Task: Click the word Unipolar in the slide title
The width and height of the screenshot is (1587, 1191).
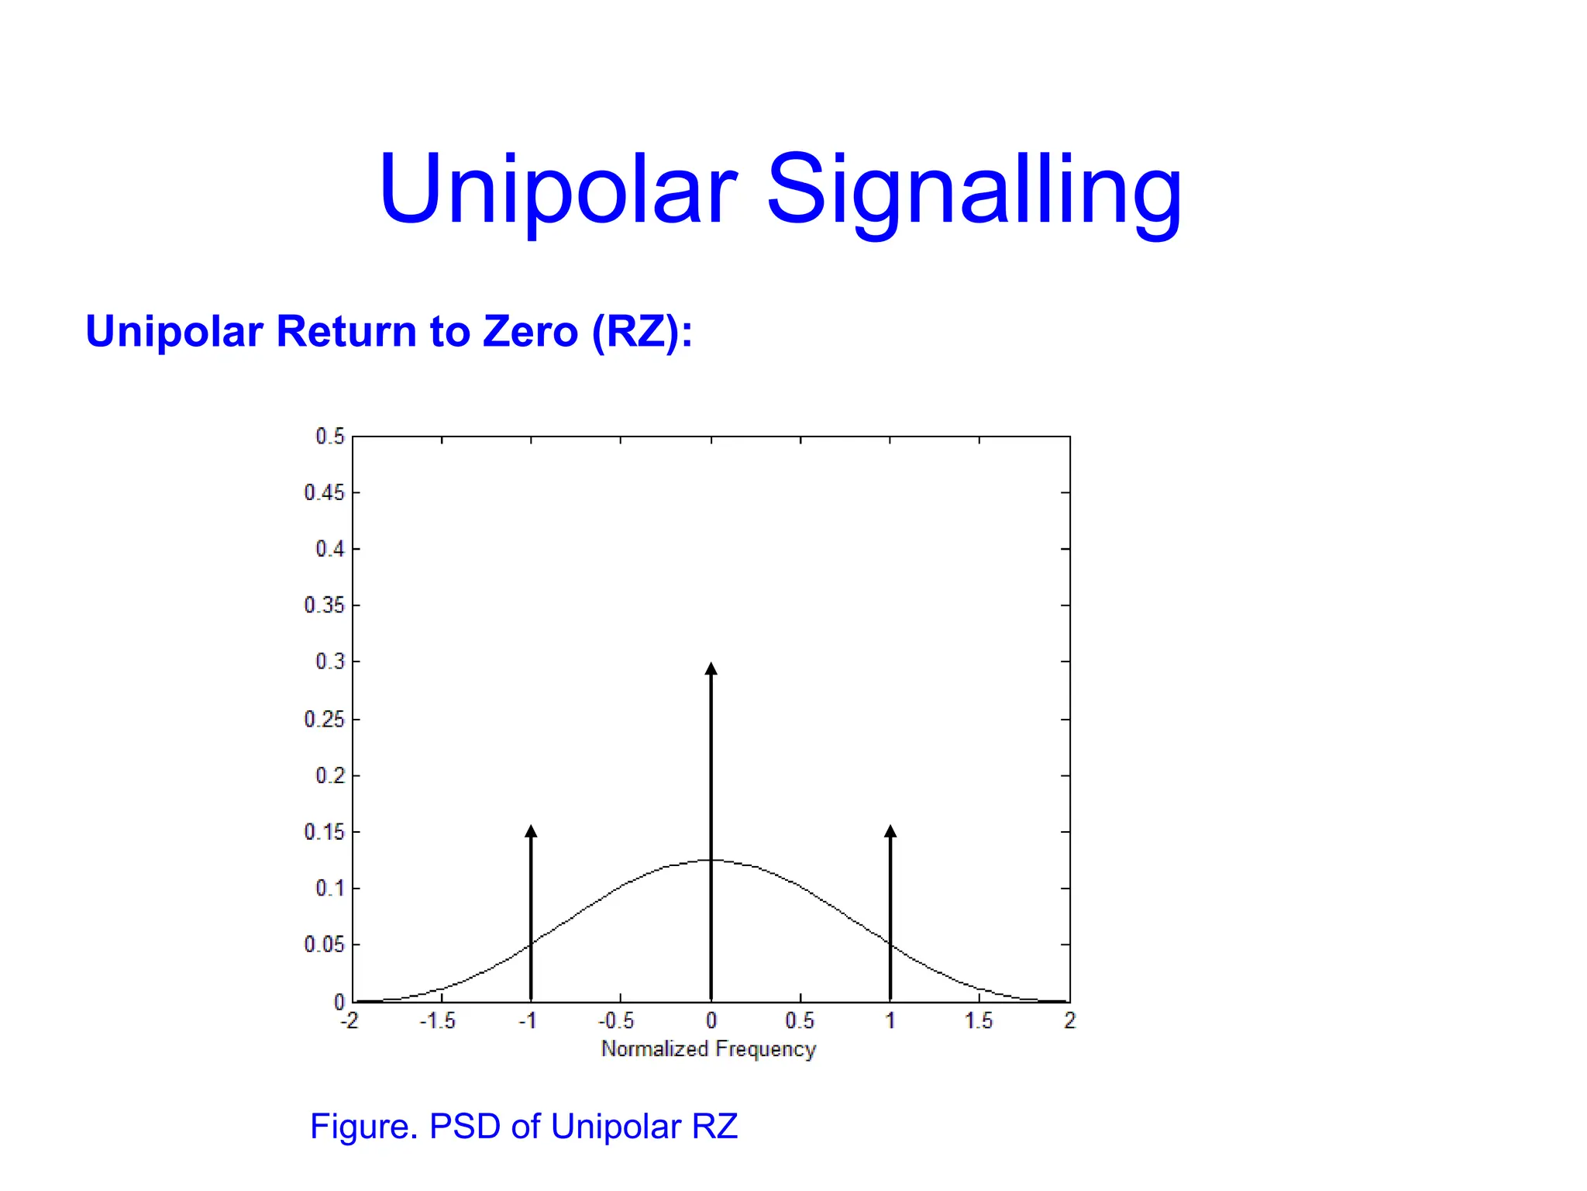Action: (x=557, y=190)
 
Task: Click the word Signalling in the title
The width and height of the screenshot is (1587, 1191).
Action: (x=974, y=190)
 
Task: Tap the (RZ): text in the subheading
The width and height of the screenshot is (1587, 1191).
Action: (x=642, y=332)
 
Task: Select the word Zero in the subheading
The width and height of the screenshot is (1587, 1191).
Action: (x=530, y=332)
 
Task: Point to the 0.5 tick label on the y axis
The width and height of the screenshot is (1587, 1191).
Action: (x=329, y=437)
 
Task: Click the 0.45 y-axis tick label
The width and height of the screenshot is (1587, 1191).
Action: (x=324, y=493)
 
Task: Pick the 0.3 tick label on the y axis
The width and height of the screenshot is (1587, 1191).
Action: (x=329, y=661)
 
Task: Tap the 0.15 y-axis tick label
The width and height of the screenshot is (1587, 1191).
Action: (x=324, y=832)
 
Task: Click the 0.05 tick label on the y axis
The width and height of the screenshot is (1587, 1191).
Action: (x=324, y=944)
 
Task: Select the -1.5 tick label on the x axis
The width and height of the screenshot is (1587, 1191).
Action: (x=438, y=1020)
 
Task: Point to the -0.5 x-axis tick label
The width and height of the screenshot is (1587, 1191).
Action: (x=616, y=1020)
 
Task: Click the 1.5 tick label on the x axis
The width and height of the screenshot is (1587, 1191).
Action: (x=979, y=1020)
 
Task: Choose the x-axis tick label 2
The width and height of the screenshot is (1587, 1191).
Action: (x=1070, y=1020)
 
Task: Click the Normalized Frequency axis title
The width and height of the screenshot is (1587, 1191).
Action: (x=709, y=1049)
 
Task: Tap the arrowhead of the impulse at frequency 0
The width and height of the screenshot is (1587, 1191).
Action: (x=711, y=669)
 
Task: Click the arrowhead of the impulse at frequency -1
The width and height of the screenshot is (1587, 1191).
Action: (x=531, y=831)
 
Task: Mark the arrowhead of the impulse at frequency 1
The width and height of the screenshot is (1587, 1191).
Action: (x=890, y=831)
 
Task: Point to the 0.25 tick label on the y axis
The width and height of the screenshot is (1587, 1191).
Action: (x=324, y=720)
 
